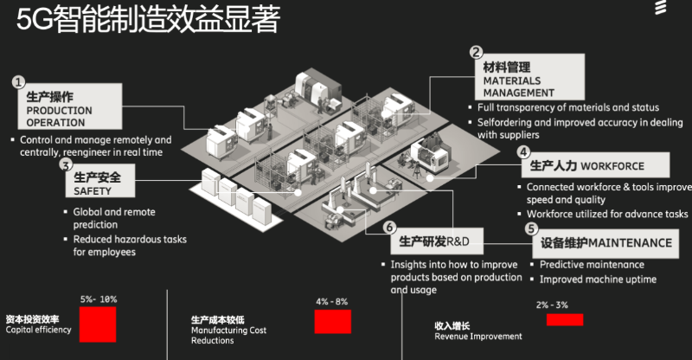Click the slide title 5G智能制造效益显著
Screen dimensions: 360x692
148,21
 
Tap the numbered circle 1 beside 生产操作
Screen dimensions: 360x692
18,82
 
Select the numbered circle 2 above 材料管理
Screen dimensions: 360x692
475,53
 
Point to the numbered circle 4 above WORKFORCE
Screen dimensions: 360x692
523,151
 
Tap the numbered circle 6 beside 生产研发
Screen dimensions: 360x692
389,228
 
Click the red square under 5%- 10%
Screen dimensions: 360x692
98,325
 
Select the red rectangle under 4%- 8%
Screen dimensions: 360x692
332,321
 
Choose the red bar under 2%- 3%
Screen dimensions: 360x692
564,319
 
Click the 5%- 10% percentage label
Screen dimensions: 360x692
98,299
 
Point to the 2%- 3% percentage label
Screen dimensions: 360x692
552,305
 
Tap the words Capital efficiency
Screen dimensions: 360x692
38,330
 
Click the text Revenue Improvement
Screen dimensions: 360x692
478,337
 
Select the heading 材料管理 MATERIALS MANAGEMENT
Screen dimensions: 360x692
519,79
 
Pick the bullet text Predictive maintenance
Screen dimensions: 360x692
592,264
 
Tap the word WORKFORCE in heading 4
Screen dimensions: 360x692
613,164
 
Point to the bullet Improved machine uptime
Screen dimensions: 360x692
598,280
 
